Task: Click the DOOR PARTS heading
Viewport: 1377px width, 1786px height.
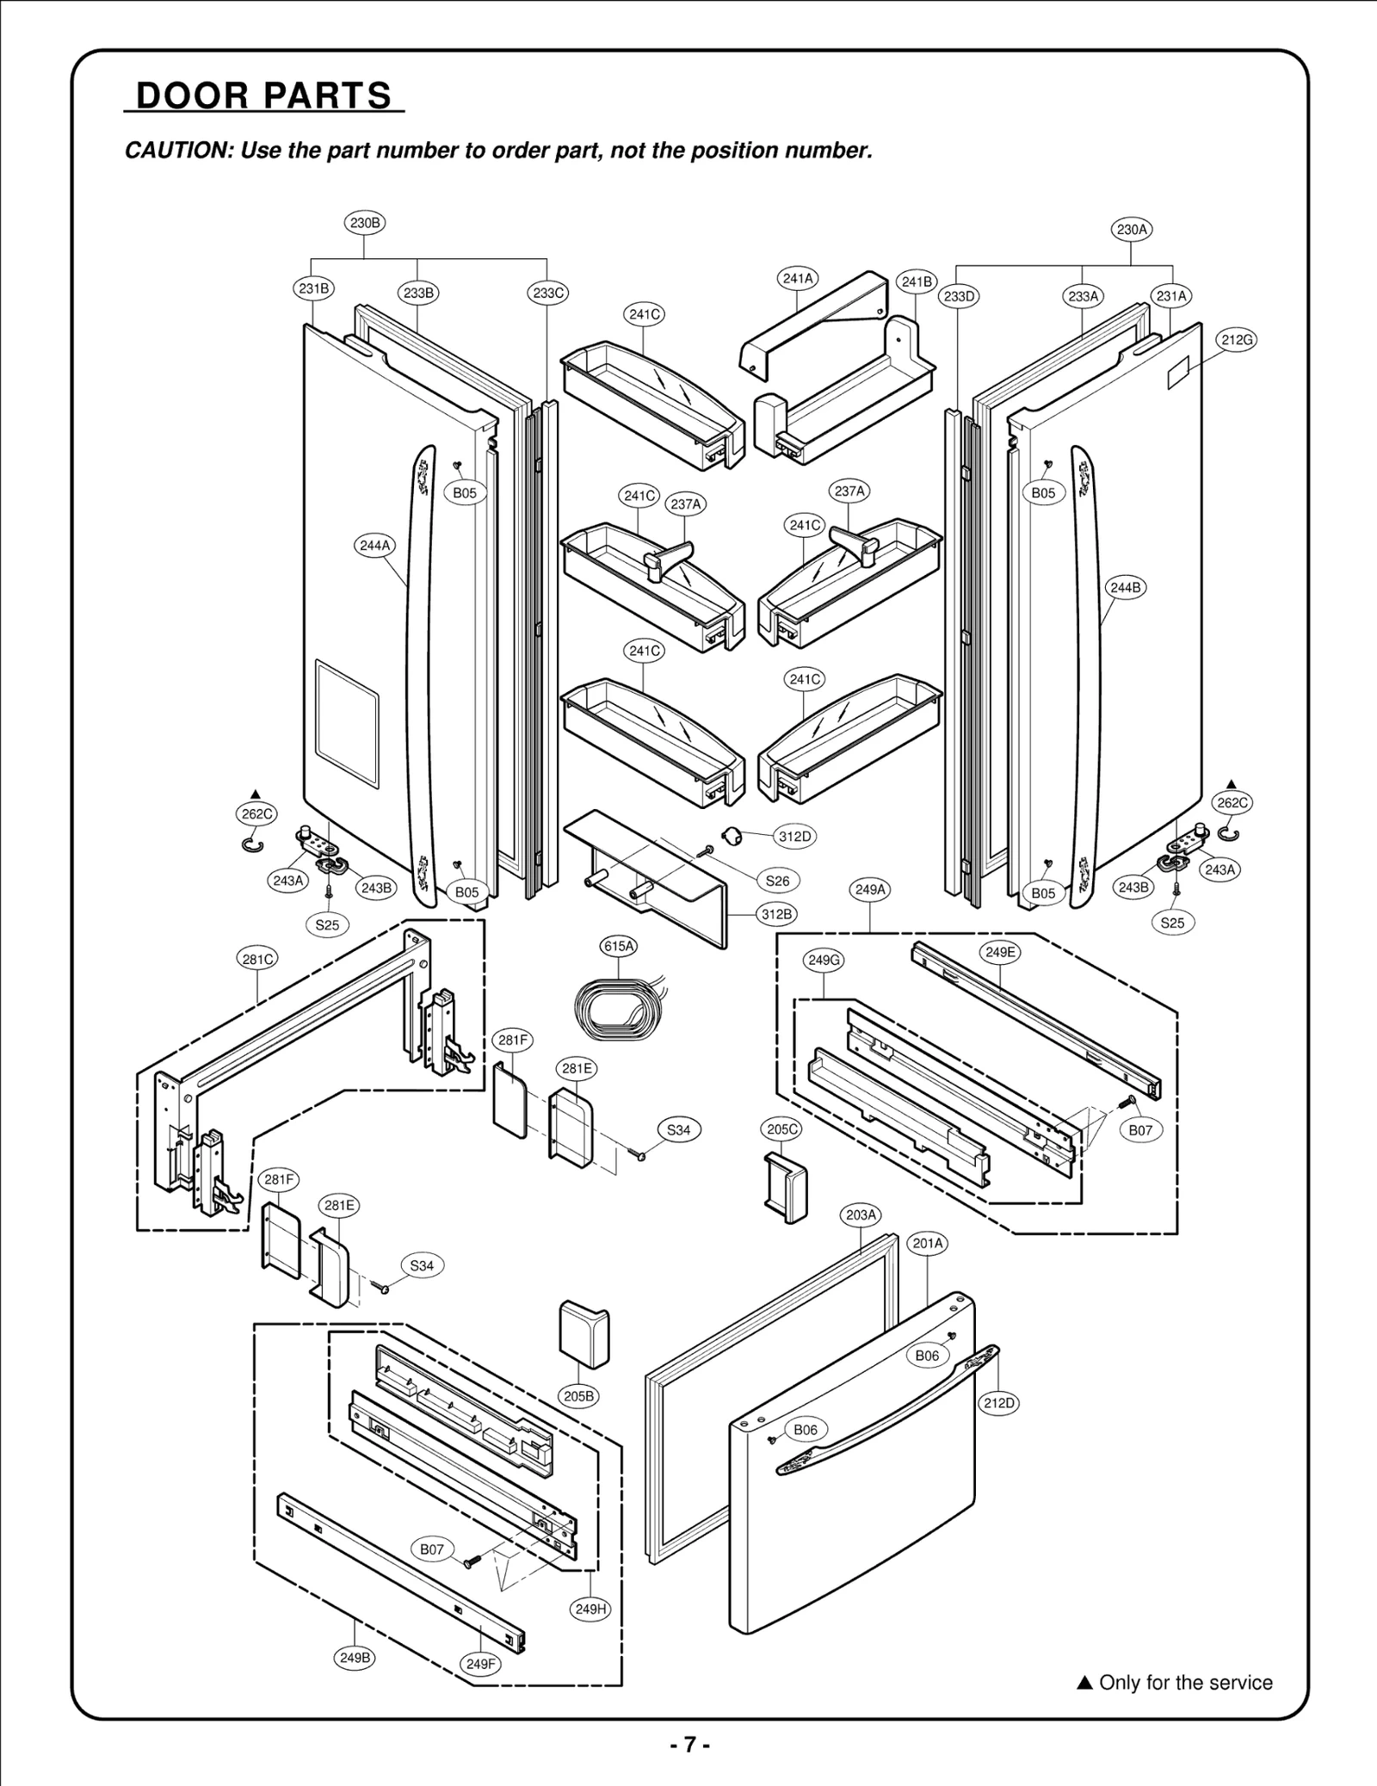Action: (x=263, y=96)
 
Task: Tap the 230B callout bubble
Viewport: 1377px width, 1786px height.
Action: (x=364, y=223)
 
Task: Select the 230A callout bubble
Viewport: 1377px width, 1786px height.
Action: (x=1131, y=230)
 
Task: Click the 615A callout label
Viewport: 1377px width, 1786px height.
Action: (x=619, y=946)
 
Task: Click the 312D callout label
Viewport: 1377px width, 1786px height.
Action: (x=793, y=836)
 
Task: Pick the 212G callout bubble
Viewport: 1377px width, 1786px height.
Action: (x=1237, y=340)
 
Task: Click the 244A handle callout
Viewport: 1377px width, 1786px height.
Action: (x=374, y=546)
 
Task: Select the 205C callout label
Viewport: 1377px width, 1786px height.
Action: (x=782, y=1129)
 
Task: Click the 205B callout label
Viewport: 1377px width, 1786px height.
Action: (x=578, y=1396)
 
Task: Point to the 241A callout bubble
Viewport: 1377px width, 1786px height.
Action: (x=798, y=278)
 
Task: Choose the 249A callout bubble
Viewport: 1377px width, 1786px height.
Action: (x=870, y=889)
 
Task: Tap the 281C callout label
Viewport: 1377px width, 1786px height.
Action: (x=257, y=959)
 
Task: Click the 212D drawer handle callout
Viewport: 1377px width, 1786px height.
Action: (x=999, y=1403)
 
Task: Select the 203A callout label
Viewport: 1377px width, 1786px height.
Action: (x=861, y=1214)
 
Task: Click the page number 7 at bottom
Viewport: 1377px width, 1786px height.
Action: (x=688, y=1745)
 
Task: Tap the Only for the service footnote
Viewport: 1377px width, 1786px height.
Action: (x=1176, y=1683)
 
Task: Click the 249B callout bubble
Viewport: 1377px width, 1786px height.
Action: (x=355, y=1657)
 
